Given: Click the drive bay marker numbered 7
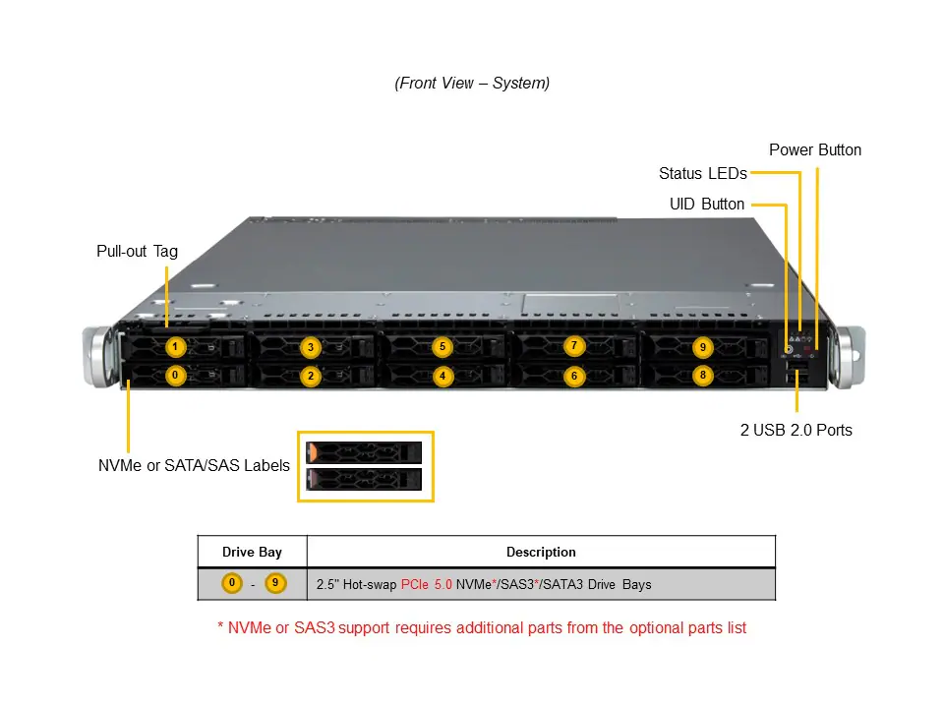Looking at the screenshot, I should click(574, 345).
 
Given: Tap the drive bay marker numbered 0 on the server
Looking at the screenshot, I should click(175, 375).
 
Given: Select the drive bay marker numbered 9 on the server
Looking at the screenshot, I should click(701, 346).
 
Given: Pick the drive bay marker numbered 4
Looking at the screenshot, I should click(442, 376).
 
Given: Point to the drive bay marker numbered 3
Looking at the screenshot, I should click(311, 347).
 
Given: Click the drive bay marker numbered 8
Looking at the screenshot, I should click(701, 375).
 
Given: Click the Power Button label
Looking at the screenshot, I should click(815, 150).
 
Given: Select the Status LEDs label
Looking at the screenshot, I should click(702, 174).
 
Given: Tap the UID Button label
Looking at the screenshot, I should click(707, 205).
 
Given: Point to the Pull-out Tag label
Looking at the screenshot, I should click(138, 252).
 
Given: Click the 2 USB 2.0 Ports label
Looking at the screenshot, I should click(796, 430).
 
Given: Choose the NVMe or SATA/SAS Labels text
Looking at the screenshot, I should click(194, 465).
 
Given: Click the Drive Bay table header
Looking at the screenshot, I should click(252, 552).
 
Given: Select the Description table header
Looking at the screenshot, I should click(541, 552).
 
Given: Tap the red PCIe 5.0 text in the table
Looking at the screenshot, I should click(426, 584).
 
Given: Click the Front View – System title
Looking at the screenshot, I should click(472, 84).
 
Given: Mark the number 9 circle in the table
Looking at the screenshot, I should click(275, 583).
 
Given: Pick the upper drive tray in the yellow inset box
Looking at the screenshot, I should click(364, 452).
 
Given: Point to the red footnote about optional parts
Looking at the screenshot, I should click(482, 627).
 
